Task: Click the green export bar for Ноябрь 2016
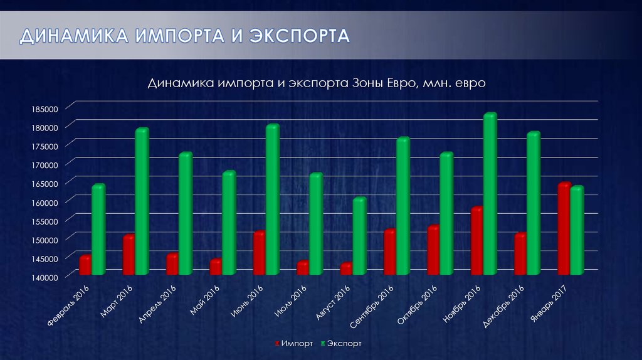(x=490, y=194)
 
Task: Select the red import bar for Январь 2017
(x=564, y=229)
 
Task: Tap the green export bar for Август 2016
(x=359, y=236)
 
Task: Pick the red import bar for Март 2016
(x=129, y=255)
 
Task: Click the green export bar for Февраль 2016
(x=98, y=230)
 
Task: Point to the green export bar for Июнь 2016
(x=272, y=199)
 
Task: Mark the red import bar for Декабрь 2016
(x=520, y=254)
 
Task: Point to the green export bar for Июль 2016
(x=315, y=224)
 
